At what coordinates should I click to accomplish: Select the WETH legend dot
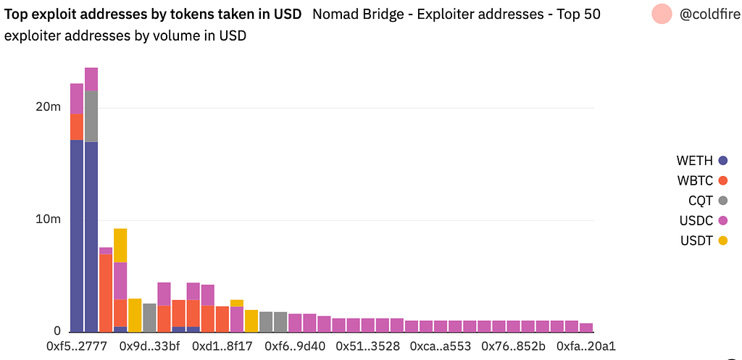click(x=722, y=161)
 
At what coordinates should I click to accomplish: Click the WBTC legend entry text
click(x=695, y=180)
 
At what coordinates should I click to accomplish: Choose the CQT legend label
click(x=701, y=201)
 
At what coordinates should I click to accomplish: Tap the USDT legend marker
click(x=722, y=240)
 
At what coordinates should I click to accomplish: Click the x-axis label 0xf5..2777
click(x=77, y=346)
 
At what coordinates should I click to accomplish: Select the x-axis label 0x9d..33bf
click(x=150, y=346)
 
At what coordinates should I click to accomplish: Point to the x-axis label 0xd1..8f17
click(x=222, y=346)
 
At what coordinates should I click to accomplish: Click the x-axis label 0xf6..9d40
click(x=296, y=346)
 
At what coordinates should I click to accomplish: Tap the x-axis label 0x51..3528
click(x=367, y=346)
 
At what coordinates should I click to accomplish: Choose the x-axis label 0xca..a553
click(x=441, y=346)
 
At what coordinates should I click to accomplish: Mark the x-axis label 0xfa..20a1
click(x=585, y=346)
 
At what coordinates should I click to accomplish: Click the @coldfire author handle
click(x=710, y=14)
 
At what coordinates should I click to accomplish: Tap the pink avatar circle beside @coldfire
click(x=662, y=14)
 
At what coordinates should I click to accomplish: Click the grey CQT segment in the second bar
click(x=91, y=116)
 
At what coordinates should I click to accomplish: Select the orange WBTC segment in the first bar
click(x=77, y=127)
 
